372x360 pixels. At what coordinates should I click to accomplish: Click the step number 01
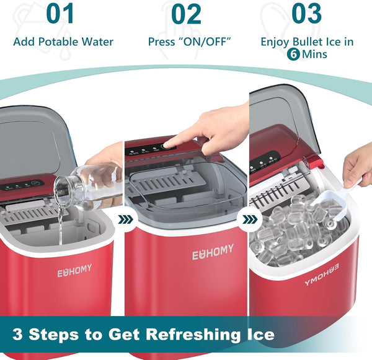[60, 14]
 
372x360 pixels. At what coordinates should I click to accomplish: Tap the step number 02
[186, 14]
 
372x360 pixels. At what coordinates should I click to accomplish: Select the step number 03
[306, 14]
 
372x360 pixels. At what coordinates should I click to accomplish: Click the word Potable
[68, 42]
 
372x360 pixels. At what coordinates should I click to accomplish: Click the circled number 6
[293, 54]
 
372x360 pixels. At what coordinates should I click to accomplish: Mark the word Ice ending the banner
[259, 335]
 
